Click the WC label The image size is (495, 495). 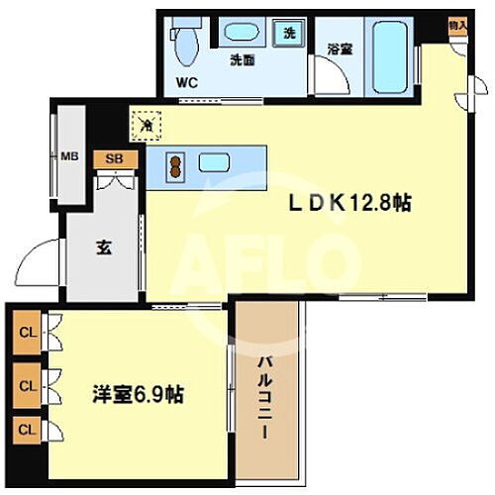tap(187, 83)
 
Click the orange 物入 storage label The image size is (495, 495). tap(455, 25)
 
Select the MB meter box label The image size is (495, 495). tap(70, 155)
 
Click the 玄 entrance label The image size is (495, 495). tap(103, 247)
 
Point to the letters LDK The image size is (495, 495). tap(316, 202)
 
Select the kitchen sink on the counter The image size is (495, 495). tap(214, 163)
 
